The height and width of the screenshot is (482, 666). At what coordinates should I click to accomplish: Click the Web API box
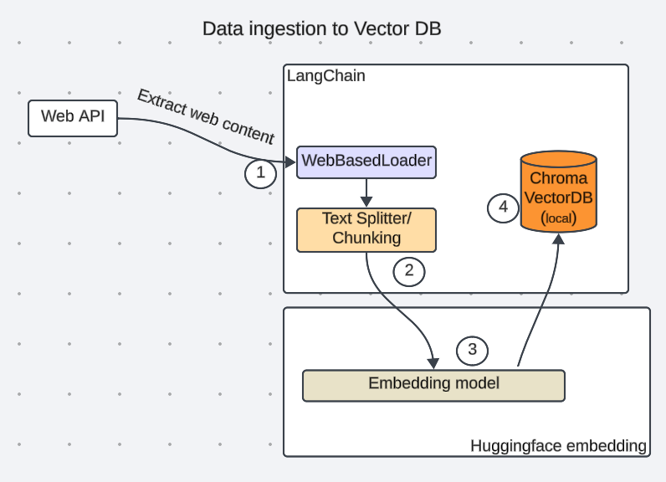(x=73, y=117)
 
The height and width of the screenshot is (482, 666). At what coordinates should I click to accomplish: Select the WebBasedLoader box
(x=366, y=161)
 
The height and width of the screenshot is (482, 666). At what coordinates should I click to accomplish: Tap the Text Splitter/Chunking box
(x=366, y=228)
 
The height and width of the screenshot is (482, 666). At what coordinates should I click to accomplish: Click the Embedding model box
(x=433, y=384)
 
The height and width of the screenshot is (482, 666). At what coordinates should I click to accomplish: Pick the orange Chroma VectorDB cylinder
(x=558, y=192)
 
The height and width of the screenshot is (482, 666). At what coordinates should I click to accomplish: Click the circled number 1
(x=260, y=173)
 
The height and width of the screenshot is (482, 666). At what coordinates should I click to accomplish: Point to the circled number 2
(x=409, y=270)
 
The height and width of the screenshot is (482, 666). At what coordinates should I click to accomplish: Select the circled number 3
(x=472, y=350)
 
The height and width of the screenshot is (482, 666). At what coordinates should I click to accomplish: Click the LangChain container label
(x=325, y=76)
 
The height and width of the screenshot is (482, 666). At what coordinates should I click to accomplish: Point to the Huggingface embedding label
(x=558, y=446)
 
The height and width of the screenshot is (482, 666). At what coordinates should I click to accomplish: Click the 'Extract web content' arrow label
(x=206, y=116)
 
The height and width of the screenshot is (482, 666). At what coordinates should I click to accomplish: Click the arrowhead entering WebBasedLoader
(x=290, y=161)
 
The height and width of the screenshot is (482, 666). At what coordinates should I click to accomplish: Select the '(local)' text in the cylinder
(x=558, y=218)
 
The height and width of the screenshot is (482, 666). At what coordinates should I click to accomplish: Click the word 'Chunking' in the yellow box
(x=366, y=238)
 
